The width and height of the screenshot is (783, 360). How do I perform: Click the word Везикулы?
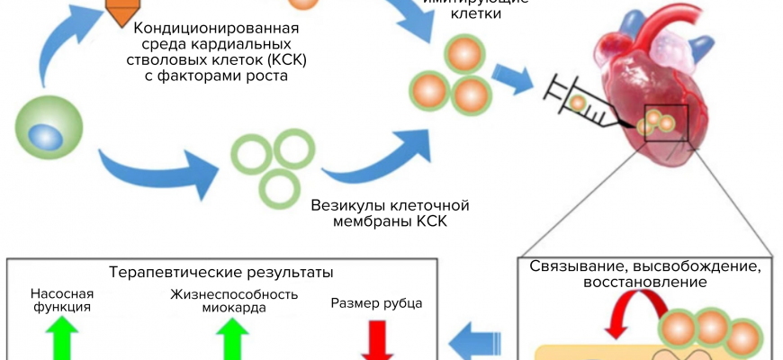pyautogui.click(x=346, y=205)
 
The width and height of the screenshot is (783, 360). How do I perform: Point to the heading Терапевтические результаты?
pyautogui.click(x=221, y=272)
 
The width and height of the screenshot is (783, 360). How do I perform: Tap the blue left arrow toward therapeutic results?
pyautogui.click(x=474, y=338)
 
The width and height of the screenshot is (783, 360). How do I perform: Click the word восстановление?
pyautogui.click(x=647, y=283)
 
